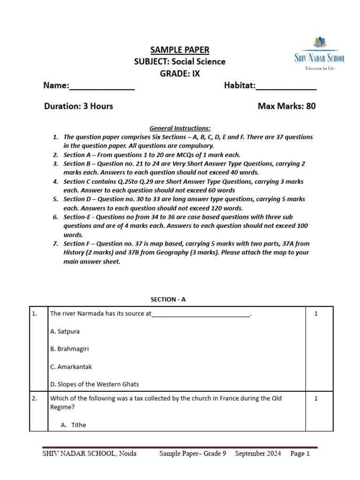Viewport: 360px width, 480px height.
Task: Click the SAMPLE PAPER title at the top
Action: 180,50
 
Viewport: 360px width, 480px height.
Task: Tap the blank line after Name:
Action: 102,87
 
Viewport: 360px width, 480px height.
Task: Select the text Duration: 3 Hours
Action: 78,106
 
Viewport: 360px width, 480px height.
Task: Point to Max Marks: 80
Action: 286,106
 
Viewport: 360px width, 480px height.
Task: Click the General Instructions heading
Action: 180,128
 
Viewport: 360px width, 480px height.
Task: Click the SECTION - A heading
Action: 168,299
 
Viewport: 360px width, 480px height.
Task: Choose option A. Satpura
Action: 65,331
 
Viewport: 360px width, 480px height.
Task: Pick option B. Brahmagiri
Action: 69,349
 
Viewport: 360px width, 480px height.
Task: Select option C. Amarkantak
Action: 71,367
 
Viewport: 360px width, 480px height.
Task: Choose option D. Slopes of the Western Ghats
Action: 94,384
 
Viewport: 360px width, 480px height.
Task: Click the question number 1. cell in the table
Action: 35,314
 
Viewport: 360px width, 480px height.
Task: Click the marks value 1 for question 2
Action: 316,398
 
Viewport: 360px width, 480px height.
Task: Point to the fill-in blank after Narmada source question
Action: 201,315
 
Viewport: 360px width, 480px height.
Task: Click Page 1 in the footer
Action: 300,454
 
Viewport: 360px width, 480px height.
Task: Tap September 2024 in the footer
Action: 258,454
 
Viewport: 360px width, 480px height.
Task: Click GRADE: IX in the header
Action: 180,74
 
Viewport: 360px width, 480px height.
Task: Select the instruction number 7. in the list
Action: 55,244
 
